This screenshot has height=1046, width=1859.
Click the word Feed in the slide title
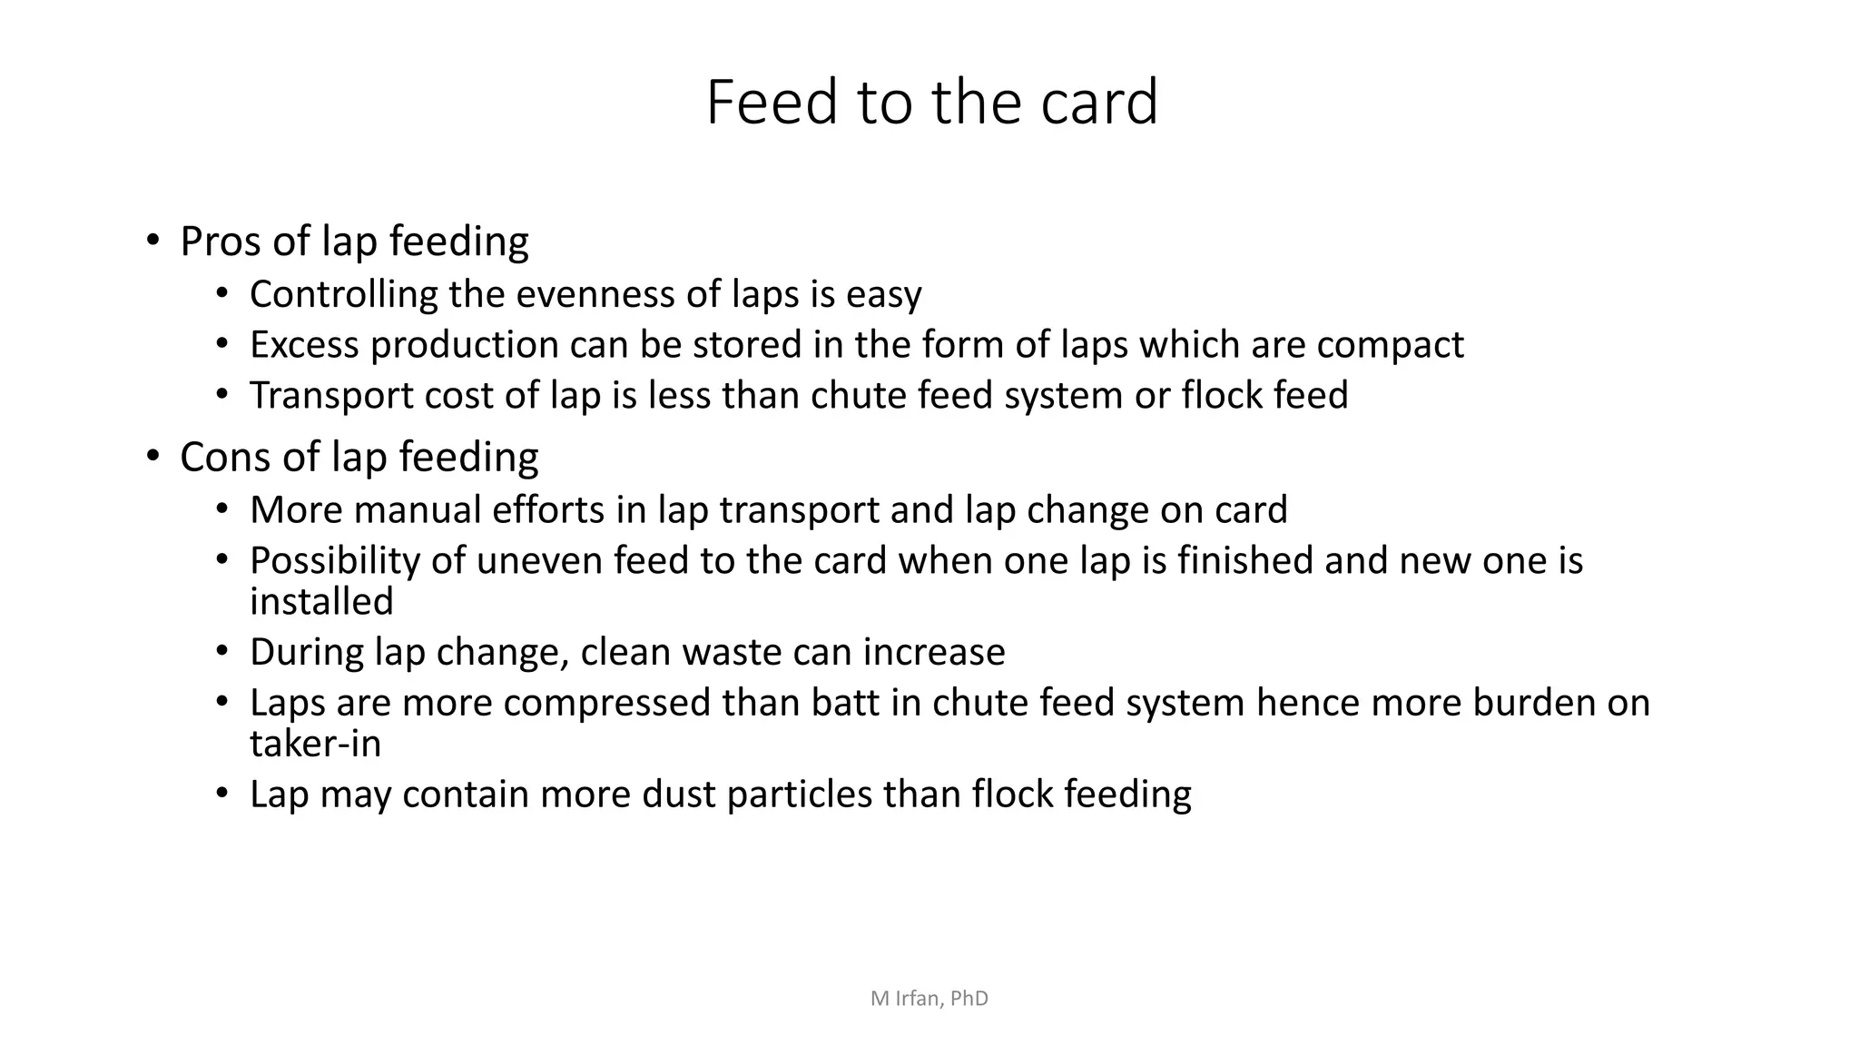(x=772, y=102)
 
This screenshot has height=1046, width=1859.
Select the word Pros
(x=221, y=242)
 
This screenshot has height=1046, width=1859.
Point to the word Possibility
(x=334, y=561)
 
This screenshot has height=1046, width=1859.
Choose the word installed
(x=321, y=602)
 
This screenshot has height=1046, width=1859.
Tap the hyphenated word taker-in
(x=315, y=745)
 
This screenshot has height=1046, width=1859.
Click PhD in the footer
(x=969, y=999)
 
